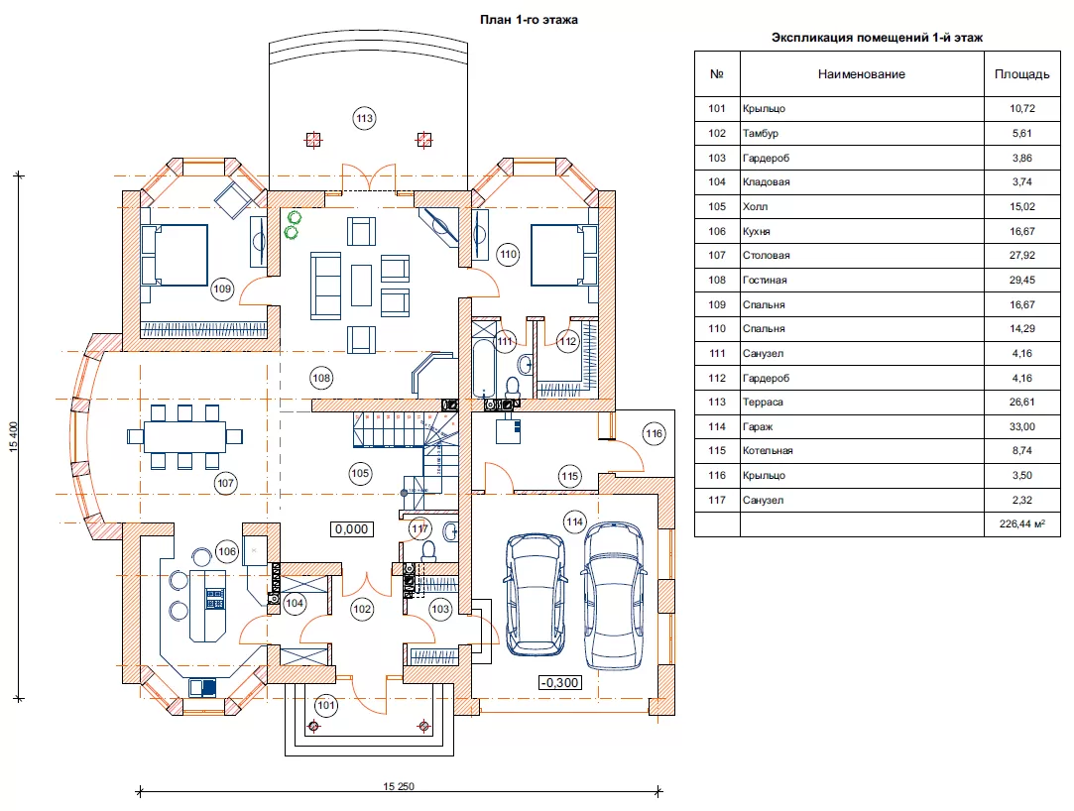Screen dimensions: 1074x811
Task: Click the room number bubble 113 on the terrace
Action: click(x=364, y=118)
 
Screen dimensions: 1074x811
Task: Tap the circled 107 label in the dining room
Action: click(x=225, y=483)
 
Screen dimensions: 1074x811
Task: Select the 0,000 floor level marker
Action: click(x=351, y=528)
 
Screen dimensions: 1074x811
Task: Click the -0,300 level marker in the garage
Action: click(x=560, y=682)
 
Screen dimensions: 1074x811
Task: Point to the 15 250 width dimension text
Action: click(x=399, y=786)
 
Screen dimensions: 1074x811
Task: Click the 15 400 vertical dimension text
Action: click(x=14, y=437)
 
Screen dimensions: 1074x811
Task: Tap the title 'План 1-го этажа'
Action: click(x=529, y=20)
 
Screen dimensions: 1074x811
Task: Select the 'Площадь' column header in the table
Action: click(x=1022, y=74)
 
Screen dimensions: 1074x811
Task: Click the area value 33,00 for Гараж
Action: click(x=1022, y=426)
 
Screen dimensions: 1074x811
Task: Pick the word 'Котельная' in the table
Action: click(x=768, y=451)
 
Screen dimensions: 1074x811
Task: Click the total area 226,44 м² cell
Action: click(x=1022, y=524)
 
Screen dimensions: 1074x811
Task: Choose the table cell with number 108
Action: click(x=717, y=281)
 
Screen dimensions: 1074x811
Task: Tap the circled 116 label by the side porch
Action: click(x=655, y=433)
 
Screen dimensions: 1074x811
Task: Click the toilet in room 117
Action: click(x=428, y=549)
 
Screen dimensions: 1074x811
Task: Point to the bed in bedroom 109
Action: click(x=174, y=255)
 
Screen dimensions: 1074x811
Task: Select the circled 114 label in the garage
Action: click(x=574, y=521)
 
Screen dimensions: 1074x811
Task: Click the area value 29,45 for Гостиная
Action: click(x=1022, y=281)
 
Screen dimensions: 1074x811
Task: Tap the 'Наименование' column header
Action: click(x=862, y=74)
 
